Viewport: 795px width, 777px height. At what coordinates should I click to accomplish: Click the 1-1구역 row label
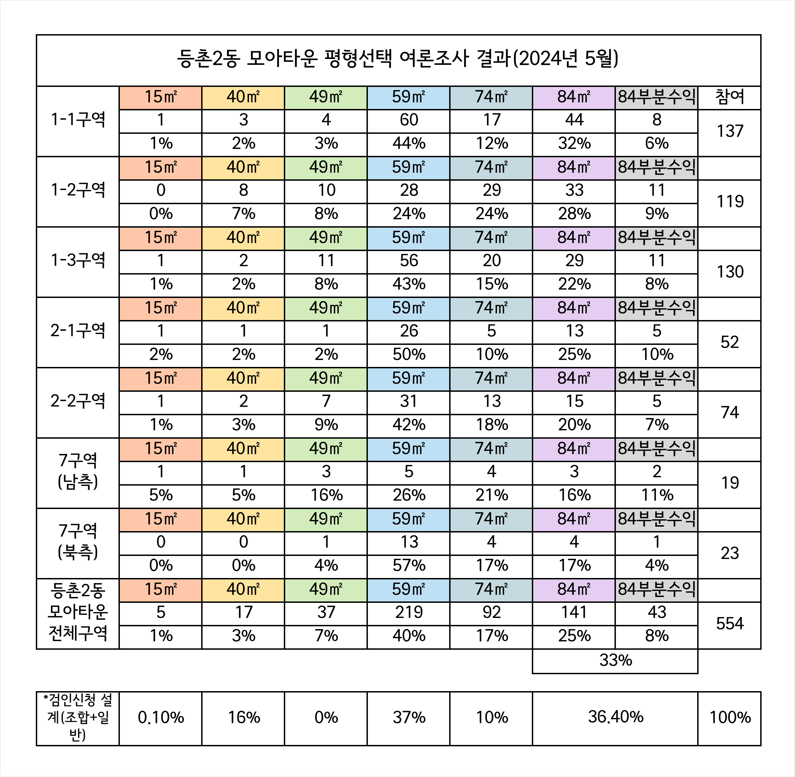pyautogui.click(x=78, y=120)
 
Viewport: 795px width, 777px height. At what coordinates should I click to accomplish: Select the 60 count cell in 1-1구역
pyautogui.click(x=409, y=120)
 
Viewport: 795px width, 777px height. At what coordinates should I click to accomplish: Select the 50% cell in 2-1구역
pyautogui.click(x=409, y=355)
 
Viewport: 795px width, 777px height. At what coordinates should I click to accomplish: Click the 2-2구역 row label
pyautogui.click(x=78, y=401)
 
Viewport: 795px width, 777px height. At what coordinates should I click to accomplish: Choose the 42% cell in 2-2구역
pyautogui.click(x=409, y=425)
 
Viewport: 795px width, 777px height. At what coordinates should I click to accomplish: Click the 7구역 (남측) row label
pyautogui.click(x=78, y=472)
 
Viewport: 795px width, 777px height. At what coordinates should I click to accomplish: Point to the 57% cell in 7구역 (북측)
pyautogui.click(x=409, y=566)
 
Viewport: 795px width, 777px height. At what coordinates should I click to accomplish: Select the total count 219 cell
pyautogui.click(x=409, y=612)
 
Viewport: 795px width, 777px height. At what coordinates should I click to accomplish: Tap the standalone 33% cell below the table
pyautogui.click(x=615, y=660)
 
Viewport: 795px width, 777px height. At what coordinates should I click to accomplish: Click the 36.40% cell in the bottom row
pyautogui.click(x=615, y=717)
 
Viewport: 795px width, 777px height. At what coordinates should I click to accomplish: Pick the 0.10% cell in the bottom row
pyautogui.click(x=161, y=718)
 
